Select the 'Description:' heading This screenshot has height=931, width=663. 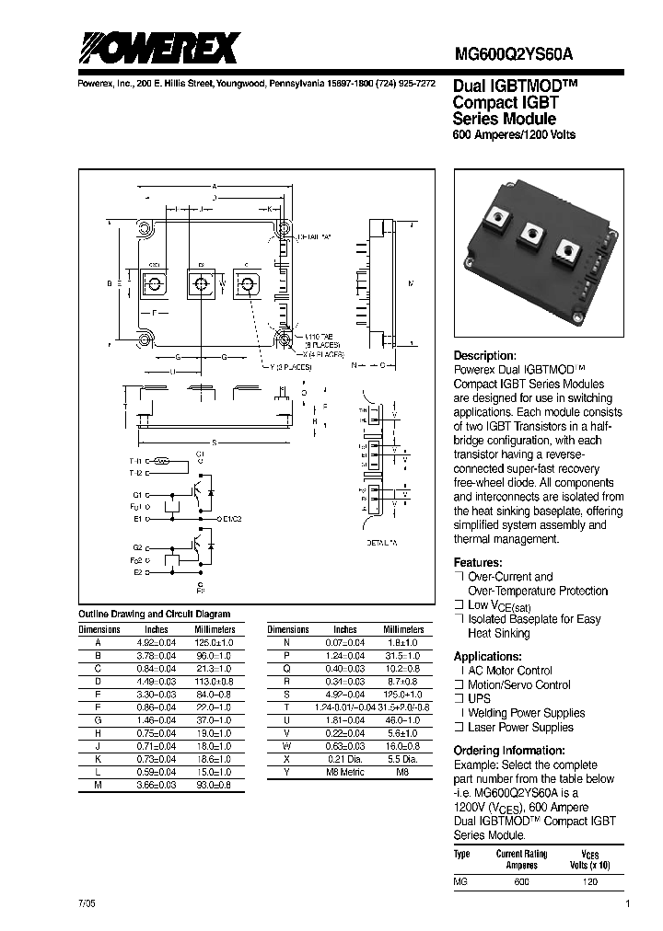485,356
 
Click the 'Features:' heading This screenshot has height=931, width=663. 478,562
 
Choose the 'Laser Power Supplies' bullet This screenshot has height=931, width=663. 520,727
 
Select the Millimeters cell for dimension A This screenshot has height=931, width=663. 215,642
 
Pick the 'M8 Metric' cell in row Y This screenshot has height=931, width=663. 345,772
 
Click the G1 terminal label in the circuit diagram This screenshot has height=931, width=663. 137,493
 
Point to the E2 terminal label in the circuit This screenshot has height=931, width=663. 137,571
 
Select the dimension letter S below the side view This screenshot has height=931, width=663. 214,443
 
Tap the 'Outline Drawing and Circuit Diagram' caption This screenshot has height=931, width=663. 155,614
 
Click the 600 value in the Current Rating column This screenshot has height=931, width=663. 521,880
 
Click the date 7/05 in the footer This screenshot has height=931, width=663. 86,905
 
